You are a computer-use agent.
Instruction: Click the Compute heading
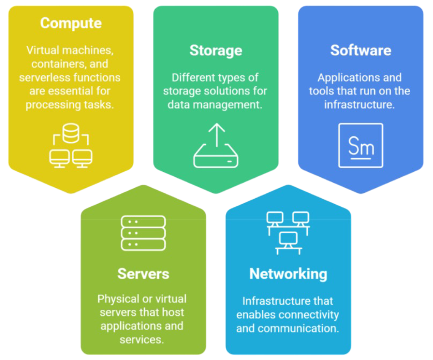tap(70, 23)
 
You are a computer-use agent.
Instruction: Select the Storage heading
tap(216, 51)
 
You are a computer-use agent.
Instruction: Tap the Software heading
tap(360, 51)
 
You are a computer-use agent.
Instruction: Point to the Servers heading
tap(143, 274)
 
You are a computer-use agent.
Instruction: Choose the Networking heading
tap(288, 274)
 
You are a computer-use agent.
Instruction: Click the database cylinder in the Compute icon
tap(71, 134)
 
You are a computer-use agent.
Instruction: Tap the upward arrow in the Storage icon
tap(216, 134)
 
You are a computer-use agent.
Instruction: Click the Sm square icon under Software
tap(360, 145)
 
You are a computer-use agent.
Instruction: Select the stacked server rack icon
tap(143, 233)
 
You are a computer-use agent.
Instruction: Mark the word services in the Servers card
tap(142, 340)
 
